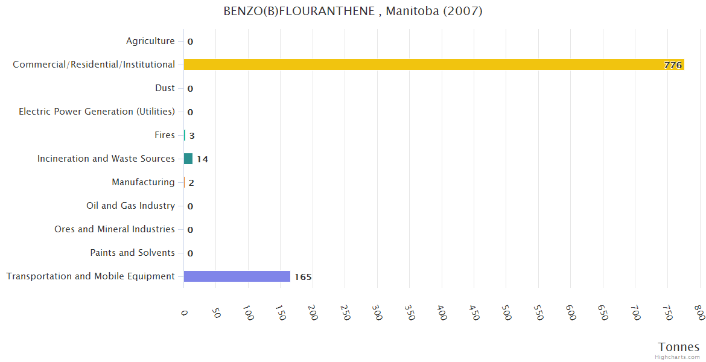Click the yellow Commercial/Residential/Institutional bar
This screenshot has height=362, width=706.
433,65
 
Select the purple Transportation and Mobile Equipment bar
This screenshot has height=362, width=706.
237,276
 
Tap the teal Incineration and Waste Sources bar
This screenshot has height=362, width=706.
188,159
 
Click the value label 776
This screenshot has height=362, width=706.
673,65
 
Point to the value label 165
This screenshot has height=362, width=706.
303,277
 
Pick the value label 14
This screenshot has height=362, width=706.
202,159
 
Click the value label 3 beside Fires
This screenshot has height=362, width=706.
192,136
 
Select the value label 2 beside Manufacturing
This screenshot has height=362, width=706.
191,183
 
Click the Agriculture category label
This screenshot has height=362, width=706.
150,41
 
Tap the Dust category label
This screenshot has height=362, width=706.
165,88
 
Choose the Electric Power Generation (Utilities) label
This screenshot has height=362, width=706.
97,112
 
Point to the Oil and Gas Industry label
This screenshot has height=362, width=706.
130,206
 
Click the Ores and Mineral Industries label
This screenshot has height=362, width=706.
115,229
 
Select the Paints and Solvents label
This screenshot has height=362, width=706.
132,253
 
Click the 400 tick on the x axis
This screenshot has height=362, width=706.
443,313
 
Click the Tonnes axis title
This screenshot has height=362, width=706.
679,347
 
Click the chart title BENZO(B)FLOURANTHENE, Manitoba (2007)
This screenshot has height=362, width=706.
353,11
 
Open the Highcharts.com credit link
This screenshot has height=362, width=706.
678,357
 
